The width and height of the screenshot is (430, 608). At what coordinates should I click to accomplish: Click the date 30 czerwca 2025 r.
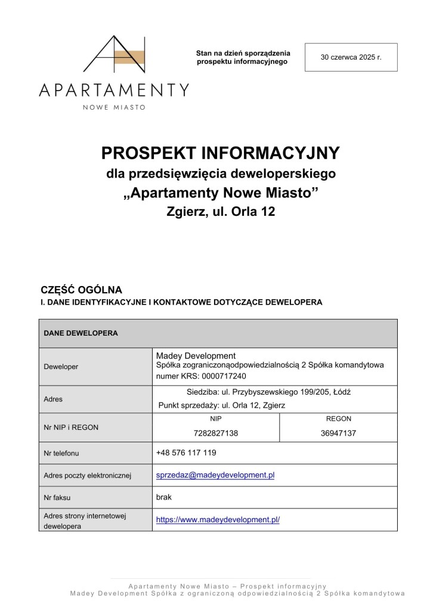coord(351,57)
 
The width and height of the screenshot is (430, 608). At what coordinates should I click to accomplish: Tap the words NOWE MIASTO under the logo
coord(114,107)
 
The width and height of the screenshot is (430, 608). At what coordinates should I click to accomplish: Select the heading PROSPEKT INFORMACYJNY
coord(220,153)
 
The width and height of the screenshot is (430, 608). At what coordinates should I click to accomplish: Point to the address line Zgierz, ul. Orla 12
coord(220,211)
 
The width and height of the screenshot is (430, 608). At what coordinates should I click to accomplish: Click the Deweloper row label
coord(61,367)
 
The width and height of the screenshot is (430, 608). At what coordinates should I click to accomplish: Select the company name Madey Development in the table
coord(196,356)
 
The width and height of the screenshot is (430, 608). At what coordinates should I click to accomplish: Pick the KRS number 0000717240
coord(222,376)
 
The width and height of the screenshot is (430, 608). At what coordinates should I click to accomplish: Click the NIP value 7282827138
coord(216,433)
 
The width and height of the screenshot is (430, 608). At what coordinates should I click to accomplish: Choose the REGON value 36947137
coord(338,433)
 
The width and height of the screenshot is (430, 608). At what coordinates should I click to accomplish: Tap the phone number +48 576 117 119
coord(186,453)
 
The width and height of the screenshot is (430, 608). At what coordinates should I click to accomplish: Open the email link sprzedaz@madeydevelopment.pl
coord(215,475)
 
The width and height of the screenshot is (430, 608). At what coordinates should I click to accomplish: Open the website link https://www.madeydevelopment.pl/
coord(218,519)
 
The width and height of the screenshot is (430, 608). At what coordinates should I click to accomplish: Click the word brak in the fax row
coord(163,496)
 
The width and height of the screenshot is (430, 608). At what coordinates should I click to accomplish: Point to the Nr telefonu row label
coord(61,454)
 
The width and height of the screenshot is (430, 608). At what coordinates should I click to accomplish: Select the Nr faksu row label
coord(58,497)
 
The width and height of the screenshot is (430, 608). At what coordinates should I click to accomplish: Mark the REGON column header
coord(338,418)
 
